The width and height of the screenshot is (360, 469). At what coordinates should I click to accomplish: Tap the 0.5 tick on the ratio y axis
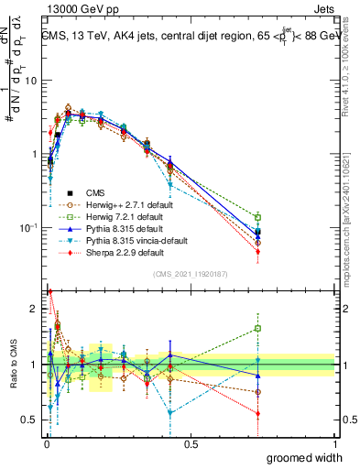point(30,421)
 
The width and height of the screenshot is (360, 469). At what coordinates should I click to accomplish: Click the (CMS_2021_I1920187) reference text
point(190,274)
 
